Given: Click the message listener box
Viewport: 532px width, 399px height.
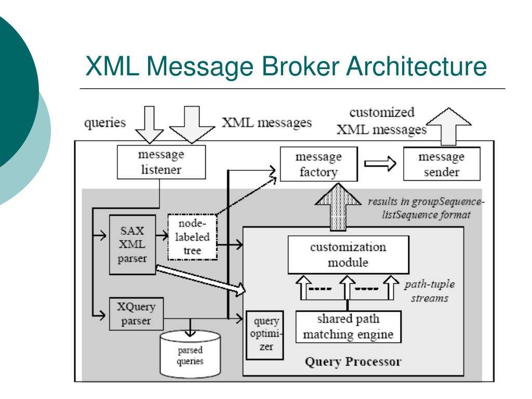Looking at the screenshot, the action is tap(161, 162).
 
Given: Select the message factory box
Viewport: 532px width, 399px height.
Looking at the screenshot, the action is tap(318, 164).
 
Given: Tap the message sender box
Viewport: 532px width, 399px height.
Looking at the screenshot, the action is tap(442, 164).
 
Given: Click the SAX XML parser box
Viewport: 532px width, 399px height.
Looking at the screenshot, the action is tap(132, 245).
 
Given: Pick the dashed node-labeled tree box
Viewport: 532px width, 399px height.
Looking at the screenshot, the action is tap(192, 237).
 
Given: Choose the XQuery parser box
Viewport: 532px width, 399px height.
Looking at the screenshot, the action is tap(136, 314).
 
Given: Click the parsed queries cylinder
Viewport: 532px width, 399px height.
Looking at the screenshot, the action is tap(190, 354).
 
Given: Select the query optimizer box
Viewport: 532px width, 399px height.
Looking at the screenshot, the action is tap(264, 335).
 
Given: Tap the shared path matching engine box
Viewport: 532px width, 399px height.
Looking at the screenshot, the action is tap(348, 327).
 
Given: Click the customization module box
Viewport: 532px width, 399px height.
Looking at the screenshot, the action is tap(348, 255).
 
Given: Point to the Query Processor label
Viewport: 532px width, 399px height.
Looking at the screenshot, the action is tap(353, 362).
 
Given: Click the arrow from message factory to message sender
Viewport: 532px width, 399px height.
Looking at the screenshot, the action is tap(380, 164).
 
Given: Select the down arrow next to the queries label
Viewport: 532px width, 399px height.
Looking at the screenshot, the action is tap(149, 125).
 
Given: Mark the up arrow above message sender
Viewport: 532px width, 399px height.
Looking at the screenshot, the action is tap(448, 127).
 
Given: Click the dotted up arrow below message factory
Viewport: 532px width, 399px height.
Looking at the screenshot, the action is tap(338, 207).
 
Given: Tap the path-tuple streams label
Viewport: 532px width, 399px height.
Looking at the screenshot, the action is tap(430, 291).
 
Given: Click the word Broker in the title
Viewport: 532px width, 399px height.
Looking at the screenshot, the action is tap(300, 66).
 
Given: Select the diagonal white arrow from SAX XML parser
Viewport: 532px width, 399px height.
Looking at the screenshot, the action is tap(201, 280).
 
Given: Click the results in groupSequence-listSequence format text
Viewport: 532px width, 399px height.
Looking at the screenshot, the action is tap(426, 208).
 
